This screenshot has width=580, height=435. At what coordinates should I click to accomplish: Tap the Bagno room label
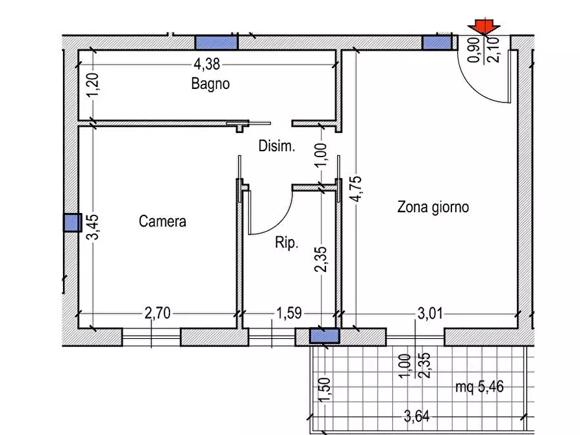coord(210,84)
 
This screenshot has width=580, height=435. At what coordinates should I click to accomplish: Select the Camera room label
coord(162,221)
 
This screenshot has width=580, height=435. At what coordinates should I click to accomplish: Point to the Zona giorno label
coord(433,208)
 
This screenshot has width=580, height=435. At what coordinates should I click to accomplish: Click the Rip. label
coord(286,243)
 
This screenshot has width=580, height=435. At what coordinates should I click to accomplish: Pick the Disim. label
coord(277,146)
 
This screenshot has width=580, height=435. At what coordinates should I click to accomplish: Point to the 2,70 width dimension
coord(157,315)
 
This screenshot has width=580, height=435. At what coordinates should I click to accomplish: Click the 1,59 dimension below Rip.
coord(288,315)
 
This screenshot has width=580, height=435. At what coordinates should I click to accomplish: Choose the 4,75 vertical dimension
coord(355,189)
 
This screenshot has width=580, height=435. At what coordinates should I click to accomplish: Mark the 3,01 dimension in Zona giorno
coord(429,315)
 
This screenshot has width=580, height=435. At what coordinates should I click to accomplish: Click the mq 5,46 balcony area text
coord(479,388)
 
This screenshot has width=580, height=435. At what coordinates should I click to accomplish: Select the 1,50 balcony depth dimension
coord(325,390)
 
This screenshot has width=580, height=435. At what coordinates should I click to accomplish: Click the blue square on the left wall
coord(71,223)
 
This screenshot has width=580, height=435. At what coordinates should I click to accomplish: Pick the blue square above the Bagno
coord(217,42)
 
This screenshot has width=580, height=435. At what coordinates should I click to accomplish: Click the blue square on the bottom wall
coord(324,335)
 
